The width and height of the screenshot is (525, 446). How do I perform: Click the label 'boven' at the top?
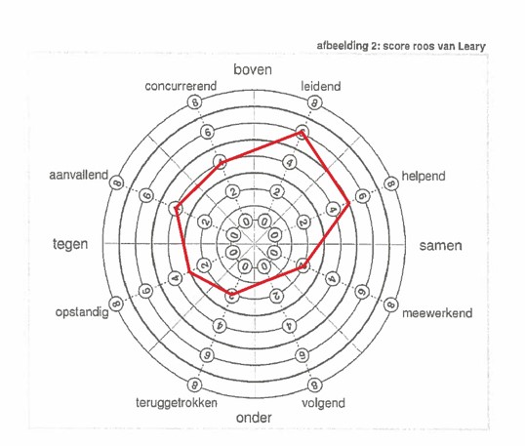pyautogui.click(x=253, y=69)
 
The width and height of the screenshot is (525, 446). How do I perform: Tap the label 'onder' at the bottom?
pyautogui.click(x=254, y=418)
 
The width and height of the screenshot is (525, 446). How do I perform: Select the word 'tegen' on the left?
pyautogui.click(x=70, y=244)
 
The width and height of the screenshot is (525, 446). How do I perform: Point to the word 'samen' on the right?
pyautogui.click(x=441, y=245)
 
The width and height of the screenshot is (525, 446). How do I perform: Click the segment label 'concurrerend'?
pyautogui.click(x=181, y=86)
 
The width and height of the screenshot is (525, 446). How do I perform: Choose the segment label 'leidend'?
pyautogui.click(x=321, y=87)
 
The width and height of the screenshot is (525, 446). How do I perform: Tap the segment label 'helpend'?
pyautogui.click(x=424, y=176)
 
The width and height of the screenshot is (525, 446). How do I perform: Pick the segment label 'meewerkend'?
pyautogui.click(x=437, y=313)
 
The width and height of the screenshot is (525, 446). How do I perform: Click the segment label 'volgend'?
pyautogui.click(x=323, y=403)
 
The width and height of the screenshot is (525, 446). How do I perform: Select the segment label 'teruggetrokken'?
pyautogui.click(x=177, y=402)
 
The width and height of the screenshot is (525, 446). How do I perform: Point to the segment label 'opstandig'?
pyautogui.click(x=82, y=312)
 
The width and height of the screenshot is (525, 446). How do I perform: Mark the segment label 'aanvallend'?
pyautogui.click(x=79, y=175)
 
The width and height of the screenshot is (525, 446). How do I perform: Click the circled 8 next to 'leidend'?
pyautogui.click(x=314, y=102)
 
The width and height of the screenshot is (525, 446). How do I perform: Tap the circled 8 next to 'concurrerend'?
pyautogui.click(x=194, y=101)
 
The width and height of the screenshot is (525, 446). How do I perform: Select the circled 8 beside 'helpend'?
pyautogui.click(x=390, y=183)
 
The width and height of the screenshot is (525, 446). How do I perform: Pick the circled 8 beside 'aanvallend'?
pyautogui.click(x=117, y=182)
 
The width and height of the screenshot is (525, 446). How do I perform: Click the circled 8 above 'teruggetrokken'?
pyautogui.click(x=194, y=385)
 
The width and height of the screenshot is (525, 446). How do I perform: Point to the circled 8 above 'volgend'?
pyautogui.click(x=314, y=385)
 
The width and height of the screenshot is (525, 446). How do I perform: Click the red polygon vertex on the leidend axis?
pyautogui.click(x=302, y=133)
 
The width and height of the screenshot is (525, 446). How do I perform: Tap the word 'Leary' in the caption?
pyautogui.click(x=471, y=46)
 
